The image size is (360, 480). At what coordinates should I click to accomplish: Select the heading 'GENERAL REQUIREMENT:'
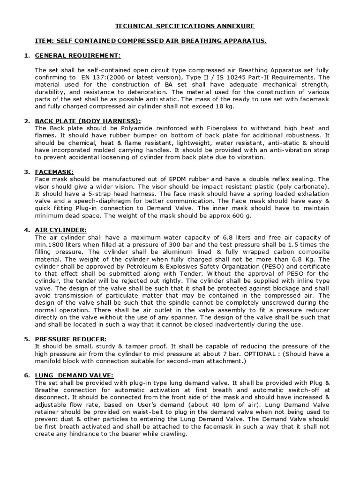coord(78,56)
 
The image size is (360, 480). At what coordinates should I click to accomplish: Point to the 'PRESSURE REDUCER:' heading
coord(71,339)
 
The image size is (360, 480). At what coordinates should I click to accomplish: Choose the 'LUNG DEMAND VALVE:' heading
coord(74,375)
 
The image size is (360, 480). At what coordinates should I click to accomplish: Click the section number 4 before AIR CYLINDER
coord(26,230)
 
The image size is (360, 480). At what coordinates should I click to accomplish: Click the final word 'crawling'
coord(172,434)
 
